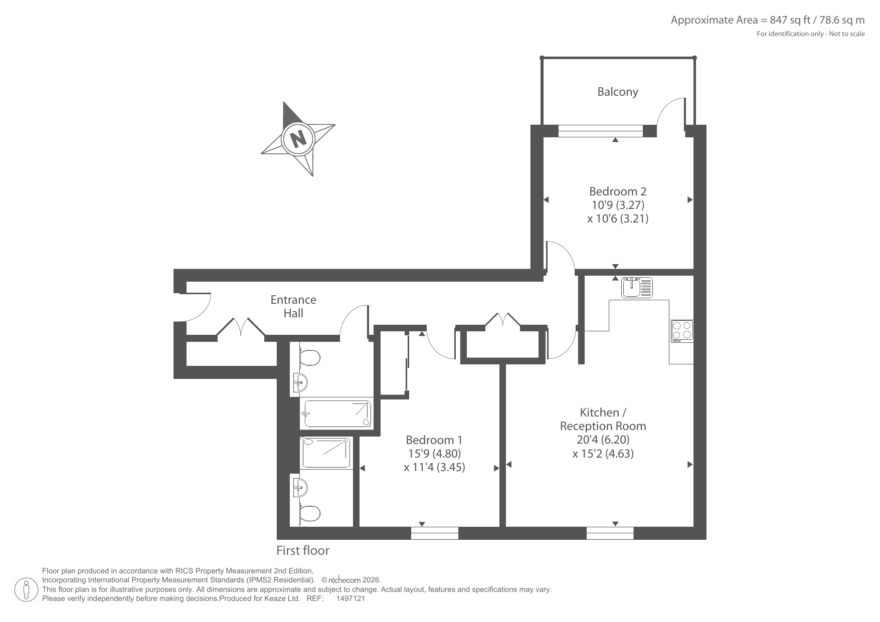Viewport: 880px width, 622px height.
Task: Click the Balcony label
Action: pyautogui.click(x=617, y=92)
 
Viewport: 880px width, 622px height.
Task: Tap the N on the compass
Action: pyautogui.click(x=298, y=138)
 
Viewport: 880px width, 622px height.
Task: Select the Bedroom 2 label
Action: pyautogui.click(x=618, y=191)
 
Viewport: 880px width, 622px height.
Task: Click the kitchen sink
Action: pyautogui.click(x=637, y=287)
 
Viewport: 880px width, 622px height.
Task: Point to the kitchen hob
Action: pyautogui.click(x=682, y=331)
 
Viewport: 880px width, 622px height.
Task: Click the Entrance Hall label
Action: pyautogui.click(x=293, y=306)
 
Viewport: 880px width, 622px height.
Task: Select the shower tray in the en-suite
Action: pyautogui.click(x=326, y=453)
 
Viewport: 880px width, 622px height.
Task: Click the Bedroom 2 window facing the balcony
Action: pyautogui.click(x=600, y=131)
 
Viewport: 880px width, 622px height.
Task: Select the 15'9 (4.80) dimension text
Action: pyautogui.click(x=434, y=454)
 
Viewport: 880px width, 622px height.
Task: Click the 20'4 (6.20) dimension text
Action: pyautogui.click(x=603, y=440)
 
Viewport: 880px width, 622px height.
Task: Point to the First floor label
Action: pyautogui.click(x=303, y=550)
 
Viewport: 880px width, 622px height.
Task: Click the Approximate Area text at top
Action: pyautogui.click(x=768, y=20)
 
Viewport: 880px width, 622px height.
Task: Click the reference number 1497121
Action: pyautogui.click(x=350, y=598)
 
